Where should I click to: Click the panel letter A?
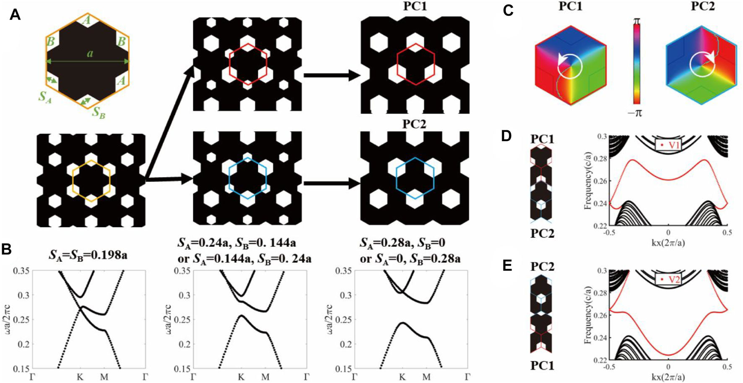click(15, 15)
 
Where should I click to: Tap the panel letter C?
click(508, 10)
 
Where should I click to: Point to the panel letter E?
click(507, 265)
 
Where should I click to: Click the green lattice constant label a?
click(90, 54)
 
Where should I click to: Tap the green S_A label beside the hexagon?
click(45, 96)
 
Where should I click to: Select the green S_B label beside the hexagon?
click(99, 112)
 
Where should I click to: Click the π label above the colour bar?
click(637, 20)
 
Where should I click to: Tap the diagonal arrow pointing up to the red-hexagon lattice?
click(170, 122)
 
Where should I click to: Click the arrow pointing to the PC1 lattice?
click(332, 75)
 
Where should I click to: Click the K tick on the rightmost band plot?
click(402, 377)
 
